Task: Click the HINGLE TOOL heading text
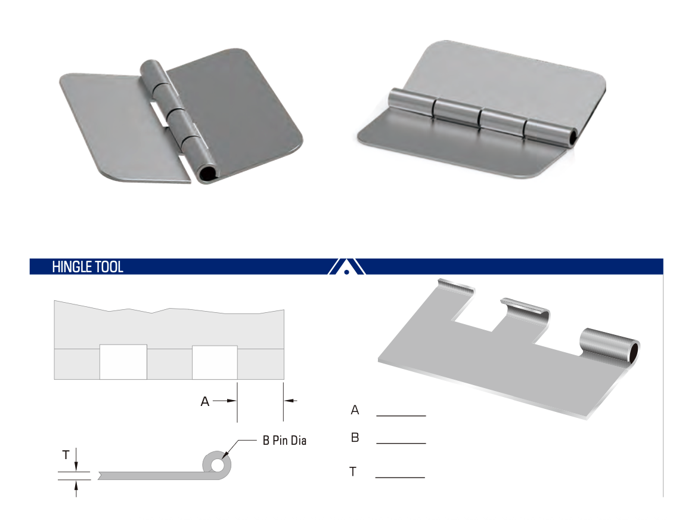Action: (88, 267)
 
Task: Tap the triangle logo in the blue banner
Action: (346, 267)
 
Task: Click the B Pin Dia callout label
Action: (284, 441)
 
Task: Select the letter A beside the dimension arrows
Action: (204, 401)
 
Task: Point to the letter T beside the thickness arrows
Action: (66, 455)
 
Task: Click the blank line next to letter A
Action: (401, 416)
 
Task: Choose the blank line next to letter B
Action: (401, 443)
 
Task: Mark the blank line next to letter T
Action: (400, 478)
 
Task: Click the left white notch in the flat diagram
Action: (123, 362)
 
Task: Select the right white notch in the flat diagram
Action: (215, 362)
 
